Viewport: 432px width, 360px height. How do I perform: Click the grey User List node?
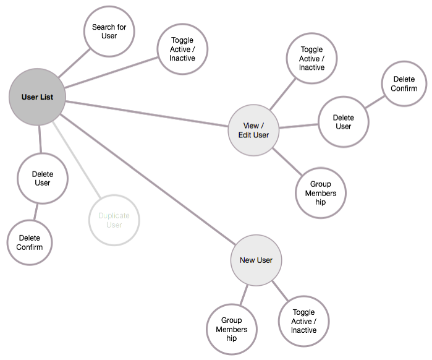click(37, 97)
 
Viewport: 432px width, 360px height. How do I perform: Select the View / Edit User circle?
click(253, 130)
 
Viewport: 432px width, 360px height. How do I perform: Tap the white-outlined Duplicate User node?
click(114, 220)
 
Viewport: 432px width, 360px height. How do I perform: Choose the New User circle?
click(256, 260)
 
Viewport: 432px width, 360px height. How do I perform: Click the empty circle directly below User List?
click(42, 178)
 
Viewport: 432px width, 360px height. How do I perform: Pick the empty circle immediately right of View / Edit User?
click(344, 121)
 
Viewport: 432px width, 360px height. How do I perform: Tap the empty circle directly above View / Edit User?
click(311, 58)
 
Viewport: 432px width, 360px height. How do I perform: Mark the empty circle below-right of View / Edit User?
click(321, 192)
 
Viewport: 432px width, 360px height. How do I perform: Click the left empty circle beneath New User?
click(231, 328)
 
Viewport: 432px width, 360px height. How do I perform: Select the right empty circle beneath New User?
click(303, 320)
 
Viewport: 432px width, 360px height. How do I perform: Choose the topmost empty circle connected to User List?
click(109, 32)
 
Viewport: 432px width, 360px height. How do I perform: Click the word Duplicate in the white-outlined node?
click(114, 215)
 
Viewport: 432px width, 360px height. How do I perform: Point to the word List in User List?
click(46, 97)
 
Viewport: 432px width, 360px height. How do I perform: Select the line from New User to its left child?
click(244, 294)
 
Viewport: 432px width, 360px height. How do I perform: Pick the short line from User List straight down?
click(40, 139)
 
